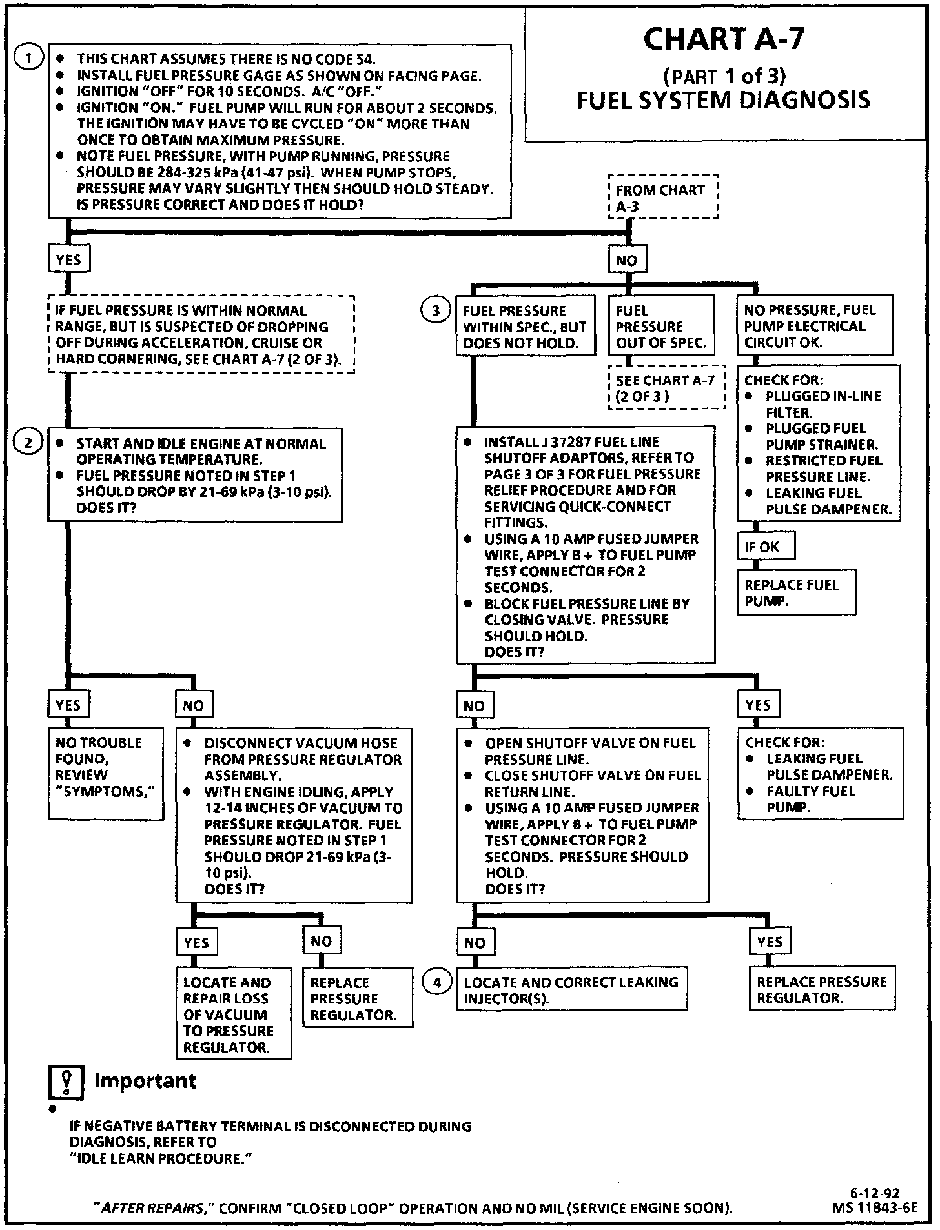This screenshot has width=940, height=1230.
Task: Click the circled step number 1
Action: click(x=28, y=58)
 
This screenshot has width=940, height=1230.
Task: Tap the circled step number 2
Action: click(x=28, y=442)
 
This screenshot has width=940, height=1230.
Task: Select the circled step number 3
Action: click(x=436, y=310)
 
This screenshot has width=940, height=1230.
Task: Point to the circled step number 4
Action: click(x=437, y=982)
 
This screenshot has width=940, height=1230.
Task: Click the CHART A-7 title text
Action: click(x=723, y=40)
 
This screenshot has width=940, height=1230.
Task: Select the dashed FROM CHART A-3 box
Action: click(x=663, y=197)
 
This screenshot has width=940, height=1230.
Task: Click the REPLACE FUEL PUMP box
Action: click(x=797, y=592)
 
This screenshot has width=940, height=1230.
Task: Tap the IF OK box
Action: click(x=765, y=547)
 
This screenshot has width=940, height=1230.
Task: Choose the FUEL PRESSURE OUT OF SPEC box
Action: click(x=661, y=326)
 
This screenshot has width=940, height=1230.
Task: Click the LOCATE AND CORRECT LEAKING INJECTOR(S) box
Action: click(x=571, y=989)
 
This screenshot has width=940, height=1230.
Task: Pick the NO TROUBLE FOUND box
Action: click(x=105, y=773)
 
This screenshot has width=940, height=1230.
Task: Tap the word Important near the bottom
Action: click(x=145, y=1081)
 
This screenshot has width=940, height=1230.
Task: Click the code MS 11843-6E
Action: click(x=875, y=1207)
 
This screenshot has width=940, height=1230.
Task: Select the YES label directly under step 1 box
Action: click(x=68, y=259)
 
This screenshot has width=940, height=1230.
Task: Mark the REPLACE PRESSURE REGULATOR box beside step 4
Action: click(x=821, y=989)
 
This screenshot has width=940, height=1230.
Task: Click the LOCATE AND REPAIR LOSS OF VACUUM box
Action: click(x=233, y=1014)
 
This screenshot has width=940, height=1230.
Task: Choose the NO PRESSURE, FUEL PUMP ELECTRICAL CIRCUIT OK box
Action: click(x=815, y=325)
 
